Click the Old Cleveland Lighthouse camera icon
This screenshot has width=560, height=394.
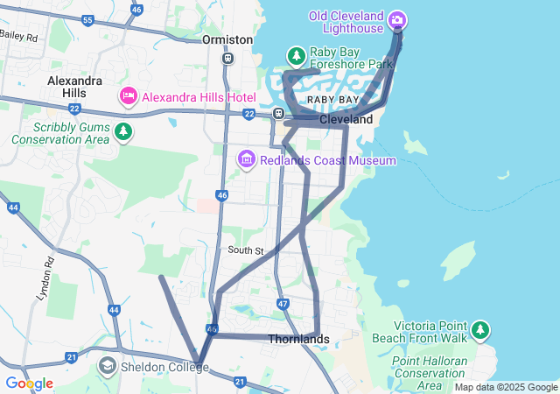(397, 19)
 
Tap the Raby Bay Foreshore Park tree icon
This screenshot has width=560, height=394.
(297, 56)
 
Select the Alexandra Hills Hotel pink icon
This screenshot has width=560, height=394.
(129, 95)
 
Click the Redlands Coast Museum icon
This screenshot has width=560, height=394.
(246, 160)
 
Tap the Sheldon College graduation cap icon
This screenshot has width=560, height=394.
(108, 366)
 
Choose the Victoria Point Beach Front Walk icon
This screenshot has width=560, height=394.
(479, 330)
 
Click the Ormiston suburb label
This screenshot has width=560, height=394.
(227, 40)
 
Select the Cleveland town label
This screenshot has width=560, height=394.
(346, 119)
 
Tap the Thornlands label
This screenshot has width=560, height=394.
(298, 339)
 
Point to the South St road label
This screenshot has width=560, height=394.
(246, 250)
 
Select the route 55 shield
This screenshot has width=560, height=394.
(87, 20)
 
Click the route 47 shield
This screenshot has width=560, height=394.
(282, 304)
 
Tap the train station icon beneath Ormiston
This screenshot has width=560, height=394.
(227, 59)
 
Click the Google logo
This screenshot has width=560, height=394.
(29, 383)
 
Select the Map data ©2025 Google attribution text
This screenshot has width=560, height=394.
(506, 387)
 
